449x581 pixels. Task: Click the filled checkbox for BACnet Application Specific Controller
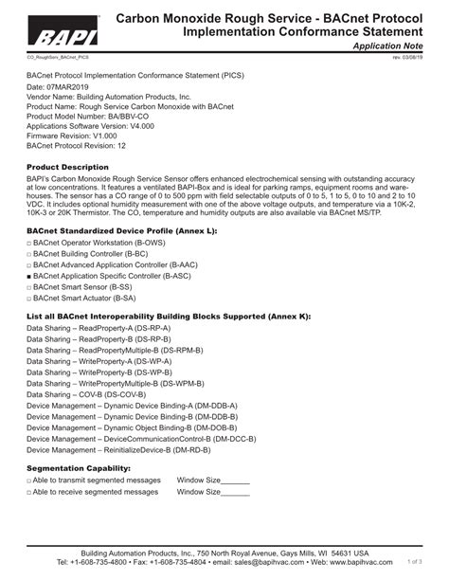tap(29, 275)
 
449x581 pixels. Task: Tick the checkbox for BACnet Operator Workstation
tap(29, 244)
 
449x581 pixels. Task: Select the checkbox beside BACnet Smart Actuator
tap(29, 296)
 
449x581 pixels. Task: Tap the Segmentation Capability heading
tap(78, 468)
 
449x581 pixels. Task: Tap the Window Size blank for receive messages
tap(235, 493)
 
